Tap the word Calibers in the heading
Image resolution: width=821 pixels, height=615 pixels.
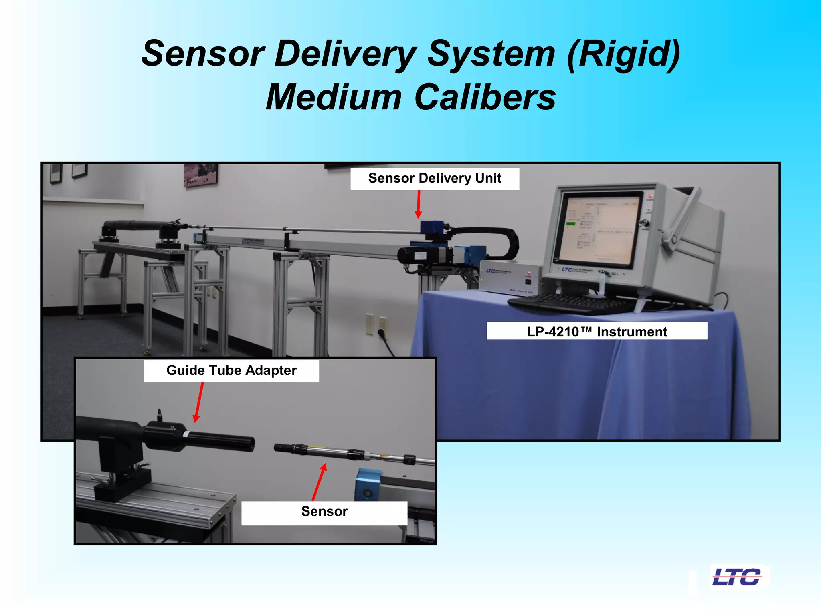(485, 97)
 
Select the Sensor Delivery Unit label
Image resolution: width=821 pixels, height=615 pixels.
(435, 178)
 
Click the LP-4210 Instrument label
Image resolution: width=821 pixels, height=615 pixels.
(597, 332)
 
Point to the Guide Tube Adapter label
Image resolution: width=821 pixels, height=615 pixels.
(231, 370)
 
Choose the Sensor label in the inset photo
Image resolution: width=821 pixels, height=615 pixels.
(324, 512)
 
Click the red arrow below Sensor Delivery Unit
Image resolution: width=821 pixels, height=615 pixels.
(418, 204)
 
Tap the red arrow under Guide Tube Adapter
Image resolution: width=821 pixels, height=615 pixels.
(198, 402)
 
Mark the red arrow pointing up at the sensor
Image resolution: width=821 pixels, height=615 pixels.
(319, 482)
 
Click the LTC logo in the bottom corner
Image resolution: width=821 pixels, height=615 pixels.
(737, 577)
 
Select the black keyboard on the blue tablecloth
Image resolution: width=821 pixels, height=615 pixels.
(565, 303)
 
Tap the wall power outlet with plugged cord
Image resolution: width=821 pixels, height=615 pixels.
(383, 324)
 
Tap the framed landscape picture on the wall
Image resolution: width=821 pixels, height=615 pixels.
(200, 174)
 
